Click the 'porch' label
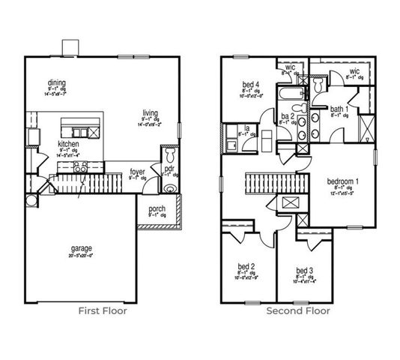point(157,208)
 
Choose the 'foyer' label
point(137,172)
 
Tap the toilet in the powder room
point(170,155)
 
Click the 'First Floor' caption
point(103,310)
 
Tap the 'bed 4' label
point(250,84)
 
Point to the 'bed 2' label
point(246,266)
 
